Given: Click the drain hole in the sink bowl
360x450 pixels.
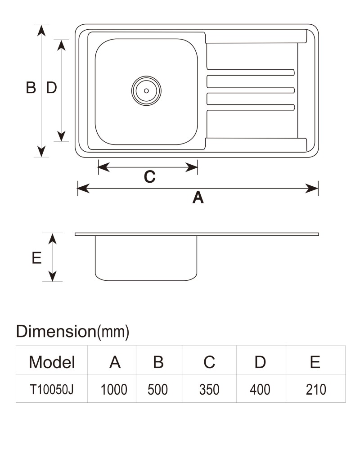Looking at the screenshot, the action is (146, 91).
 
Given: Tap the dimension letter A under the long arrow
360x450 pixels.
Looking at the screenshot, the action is (198, 198).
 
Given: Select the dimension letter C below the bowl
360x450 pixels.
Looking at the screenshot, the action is (149, 177).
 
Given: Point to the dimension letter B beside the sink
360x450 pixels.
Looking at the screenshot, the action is (31, 88).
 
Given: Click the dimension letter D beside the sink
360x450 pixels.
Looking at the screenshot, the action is (51, 88).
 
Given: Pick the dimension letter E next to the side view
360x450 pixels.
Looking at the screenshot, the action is (36, 258).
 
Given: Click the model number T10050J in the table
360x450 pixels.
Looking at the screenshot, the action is (52, 389).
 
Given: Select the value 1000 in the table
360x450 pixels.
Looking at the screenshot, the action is (114, 389).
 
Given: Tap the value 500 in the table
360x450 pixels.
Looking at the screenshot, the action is (157, 389).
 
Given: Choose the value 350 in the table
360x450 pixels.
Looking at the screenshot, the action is (209, 389).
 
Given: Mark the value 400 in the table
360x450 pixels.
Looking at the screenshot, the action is (260, 389).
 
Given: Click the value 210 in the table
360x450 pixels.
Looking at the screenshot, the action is (316, 389).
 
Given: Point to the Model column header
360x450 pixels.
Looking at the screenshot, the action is (52, 362).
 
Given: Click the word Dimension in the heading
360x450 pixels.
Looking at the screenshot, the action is (56, 331).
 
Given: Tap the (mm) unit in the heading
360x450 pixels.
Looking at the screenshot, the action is (113, 332).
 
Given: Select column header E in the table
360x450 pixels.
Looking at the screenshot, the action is (315, 362).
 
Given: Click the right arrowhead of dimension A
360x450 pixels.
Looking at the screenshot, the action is (312, 189).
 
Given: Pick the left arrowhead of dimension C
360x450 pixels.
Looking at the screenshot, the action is (104, 167).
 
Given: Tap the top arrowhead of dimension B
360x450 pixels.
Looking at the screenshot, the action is (41, 31).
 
